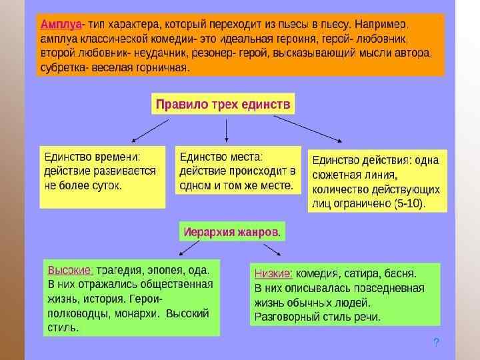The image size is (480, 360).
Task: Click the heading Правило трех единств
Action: click(223, 105)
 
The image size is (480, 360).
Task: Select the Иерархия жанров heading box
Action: click(232, 232)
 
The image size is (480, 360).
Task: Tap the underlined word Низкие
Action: click(273, 273)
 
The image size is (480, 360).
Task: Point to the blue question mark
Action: click(436, 343)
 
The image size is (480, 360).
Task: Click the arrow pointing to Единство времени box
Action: click(149, 131)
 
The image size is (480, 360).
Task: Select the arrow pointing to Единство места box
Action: click(227, 129)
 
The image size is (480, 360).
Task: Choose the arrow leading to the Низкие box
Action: click(271, 249)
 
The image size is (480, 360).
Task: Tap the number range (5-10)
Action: click(409, 202)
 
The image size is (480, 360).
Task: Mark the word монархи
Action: click(138, 313)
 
